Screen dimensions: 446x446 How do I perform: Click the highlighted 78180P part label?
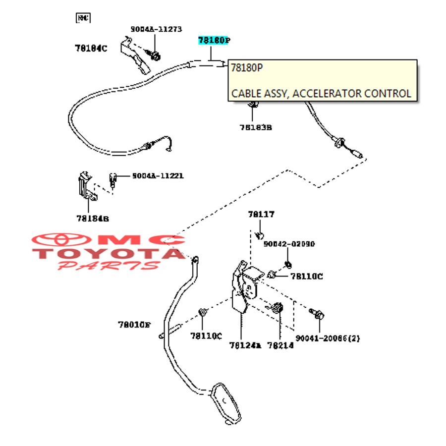coord(214,41)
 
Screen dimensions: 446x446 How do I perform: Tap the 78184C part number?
coord(91,48)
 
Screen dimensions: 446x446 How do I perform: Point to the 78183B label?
coord(256,127)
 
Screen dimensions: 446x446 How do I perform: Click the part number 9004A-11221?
coord(158,176)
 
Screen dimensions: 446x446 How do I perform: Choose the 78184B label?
coord(93,218)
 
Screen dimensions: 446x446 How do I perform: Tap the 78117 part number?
coord(261,215)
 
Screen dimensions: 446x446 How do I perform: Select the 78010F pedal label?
coord(134,325)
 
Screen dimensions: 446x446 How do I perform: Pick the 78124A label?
coord(245,345)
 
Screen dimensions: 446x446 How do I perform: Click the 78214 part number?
coord(280,345)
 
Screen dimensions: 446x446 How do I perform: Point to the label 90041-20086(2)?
coord(328,338)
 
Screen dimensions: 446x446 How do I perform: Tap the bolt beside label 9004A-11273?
coord(154,55)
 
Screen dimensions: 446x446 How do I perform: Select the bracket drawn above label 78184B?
coord(85,186)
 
